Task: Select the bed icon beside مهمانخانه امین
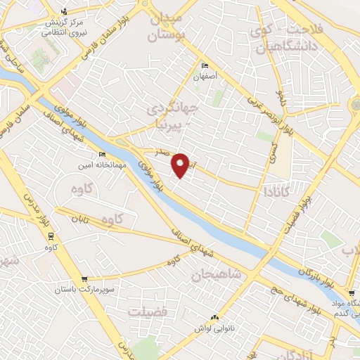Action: tap(103, 155)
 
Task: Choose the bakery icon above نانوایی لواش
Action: tap(216, 318)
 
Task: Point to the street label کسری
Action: tap(274, 148)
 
